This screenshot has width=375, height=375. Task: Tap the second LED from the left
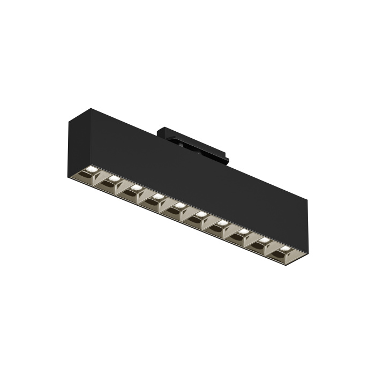tap(114, 179)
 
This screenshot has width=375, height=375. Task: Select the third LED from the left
tap(136, 188)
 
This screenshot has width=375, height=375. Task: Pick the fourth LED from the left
tap(157, 197)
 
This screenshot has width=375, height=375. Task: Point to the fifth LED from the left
tap(179, 206)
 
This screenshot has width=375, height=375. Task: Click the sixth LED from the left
tap(201, 215)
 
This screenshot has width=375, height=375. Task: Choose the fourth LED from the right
tap(222, 223)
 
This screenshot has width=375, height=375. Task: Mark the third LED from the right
tap(243, 232)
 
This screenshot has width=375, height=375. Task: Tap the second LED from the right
tap(264, 241)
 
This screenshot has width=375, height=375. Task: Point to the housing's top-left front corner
tap(67, 120)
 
